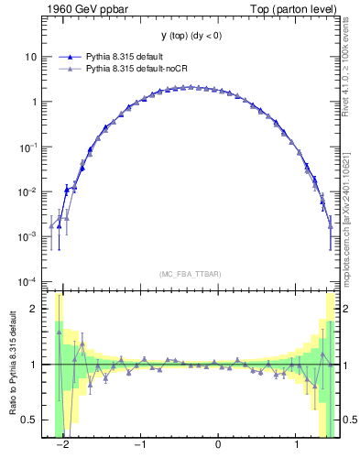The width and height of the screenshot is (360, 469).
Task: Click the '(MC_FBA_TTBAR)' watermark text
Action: coord(191,274)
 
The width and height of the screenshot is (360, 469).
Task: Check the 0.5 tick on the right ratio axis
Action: coord(349,420)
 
